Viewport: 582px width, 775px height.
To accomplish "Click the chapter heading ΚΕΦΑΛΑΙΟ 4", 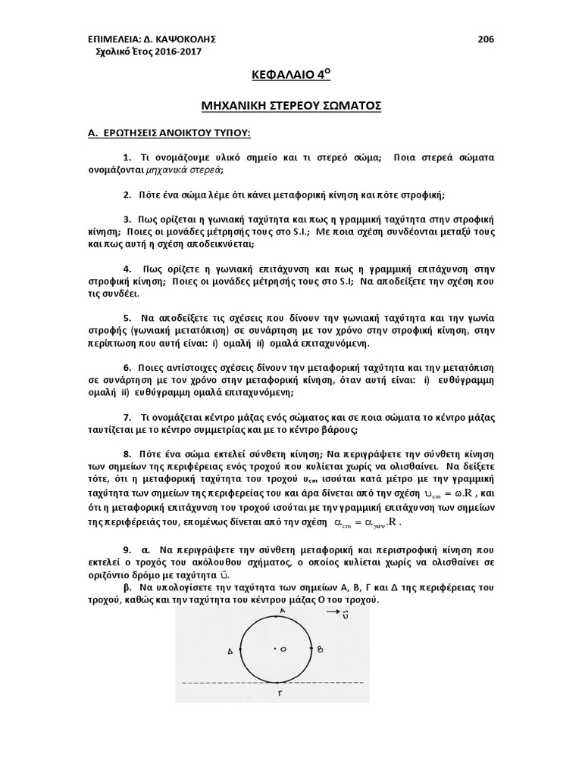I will [290, 76].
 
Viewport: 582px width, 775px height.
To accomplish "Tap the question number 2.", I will [125, 195].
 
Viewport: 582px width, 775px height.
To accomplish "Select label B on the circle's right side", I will [321, 649].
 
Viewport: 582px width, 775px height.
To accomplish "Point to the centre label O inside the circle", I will [283, 649].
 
